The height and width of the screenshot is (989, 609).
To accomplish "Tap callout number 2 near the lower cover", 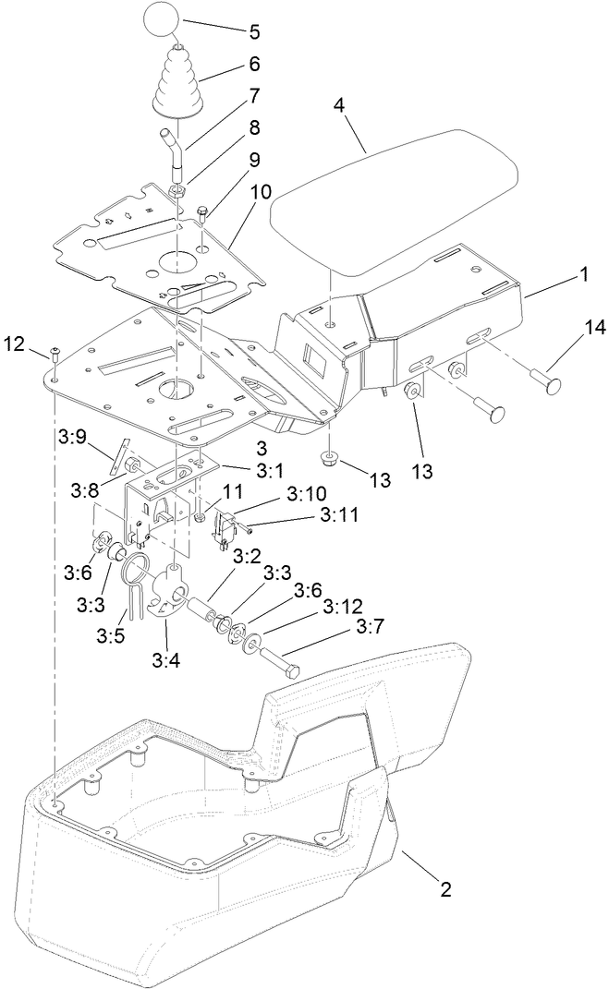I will click(x=445, y=890).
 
